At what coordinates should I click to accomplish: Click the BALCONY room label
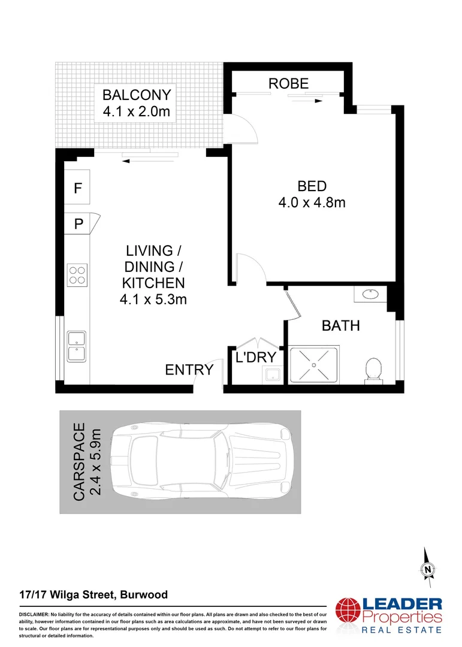tap(137, 95)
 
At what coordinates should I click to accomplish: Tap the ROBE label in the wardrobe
tap(288, 83)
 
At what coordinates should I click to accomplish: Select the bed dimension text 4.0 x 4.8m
tap(312, 202)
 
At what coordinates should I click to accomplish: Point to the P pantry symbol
tap(77, 224)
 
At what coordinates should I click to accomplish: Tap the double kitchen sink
tap(77, 346)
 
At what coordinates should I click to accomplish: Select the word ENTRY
tap(189, 370)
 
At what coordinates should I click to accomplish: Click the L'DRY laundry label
tap(255, 358)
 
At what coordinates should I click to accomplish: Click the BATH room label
tap(341, 326)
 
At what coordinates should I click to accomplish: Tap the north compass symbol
tap(428, 569)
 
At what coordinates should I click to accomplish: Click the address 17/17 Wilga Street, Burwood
tap(93, 595)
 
